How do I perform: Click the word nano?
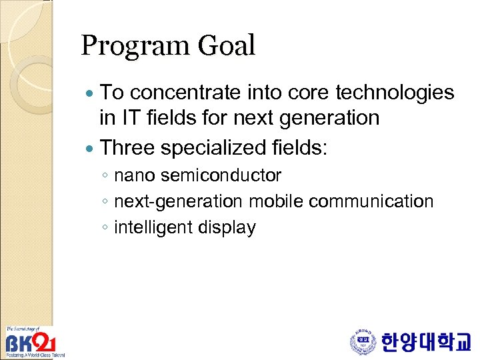(135, 176)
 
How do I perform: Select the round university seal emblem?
(363, 343)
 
